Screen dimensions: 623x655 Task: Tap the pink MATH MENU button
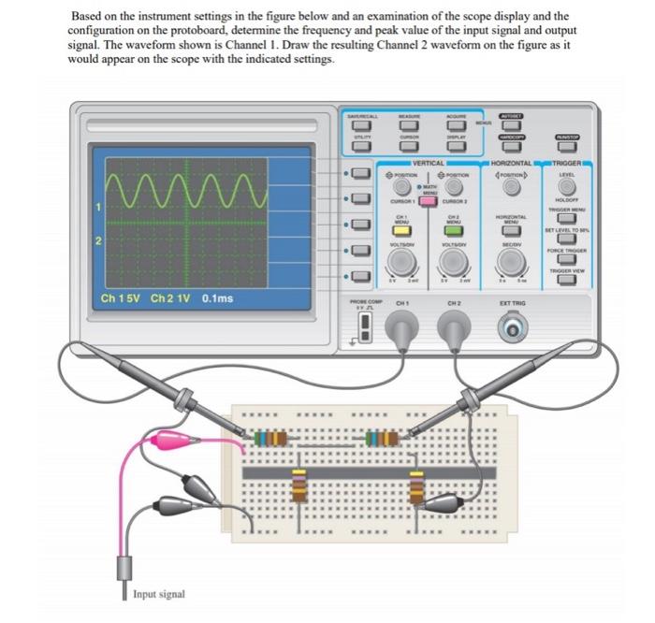click(x=428, y=201)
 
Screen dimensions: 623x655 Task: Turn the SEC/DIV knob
click(x=511, y=260)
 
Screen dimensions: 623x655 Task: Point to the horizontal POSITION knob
click(x=511, y=187)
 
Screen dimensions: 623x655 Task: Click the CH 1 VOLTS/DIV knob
click(x=402, y=260)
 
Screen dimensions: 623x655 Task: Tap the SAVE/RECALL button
click(x=359, y=124)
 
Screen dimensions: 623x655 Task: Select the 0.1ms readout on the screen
click(x=218, y=299)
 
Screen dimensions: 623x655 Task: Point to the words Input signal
click(x=159, y=594)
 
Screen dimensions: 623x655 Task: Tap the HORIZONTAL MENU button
click(x=511, y=229)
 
